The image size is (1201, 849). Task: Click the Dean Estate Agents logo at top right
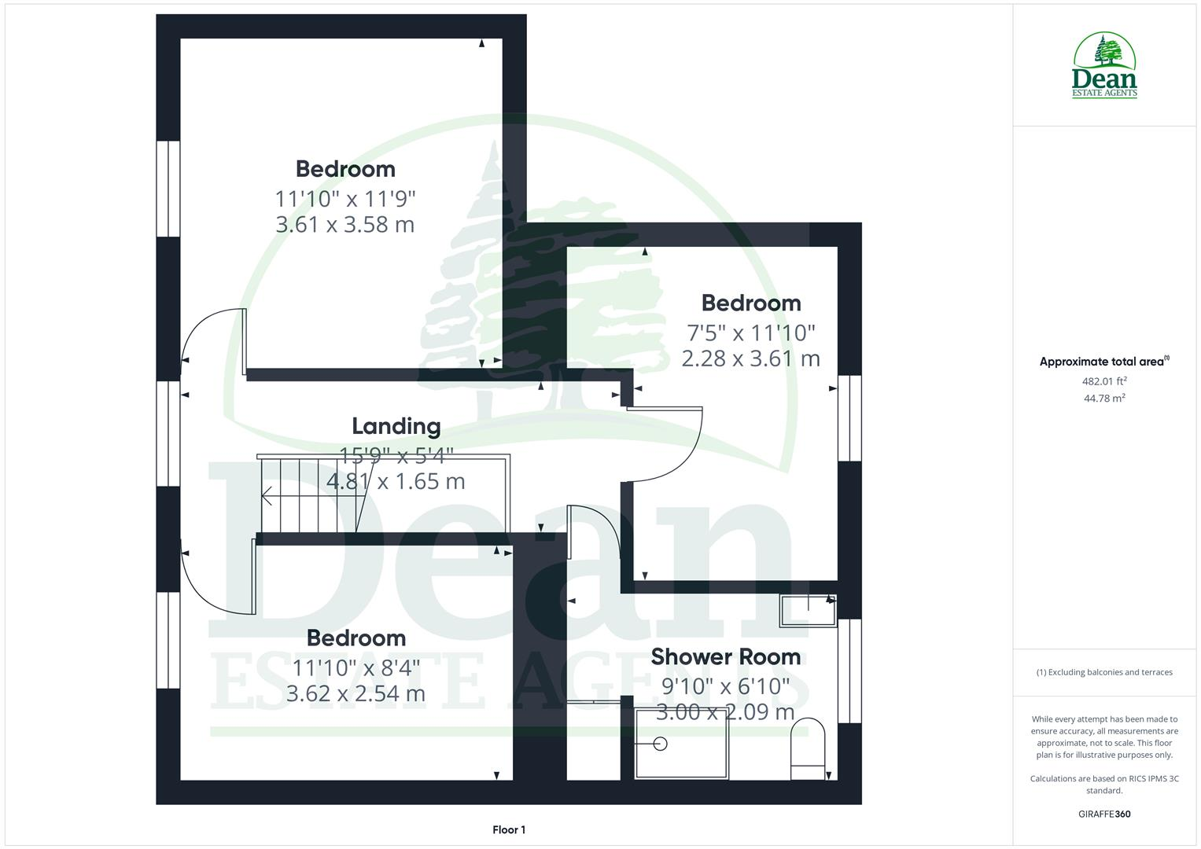[x=1104, y=65]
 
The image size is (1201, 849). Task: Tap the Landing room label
[x=396, y=426]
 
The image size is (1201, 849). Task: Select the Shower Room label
[x=725, y=656]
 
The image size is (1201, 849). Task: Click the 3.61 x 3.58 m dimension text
[x=344, y=225]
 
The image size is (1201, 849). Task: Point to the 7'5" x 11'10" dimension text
[x=751, y=333]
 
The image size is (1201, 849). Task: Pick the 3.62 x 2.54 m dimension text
[x=356, y=693]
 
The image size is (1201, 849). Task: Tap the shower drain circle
[x=660, y=744]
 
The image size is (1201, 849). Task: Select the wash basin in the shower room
[x=808, y=610]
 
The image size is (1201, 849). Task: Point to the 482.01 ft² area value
[x=1104, y=381]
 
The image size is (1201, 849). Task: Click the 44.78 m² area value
[x=1104, y=398]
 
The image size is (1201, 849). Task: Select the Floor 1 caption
[x=509, y=829]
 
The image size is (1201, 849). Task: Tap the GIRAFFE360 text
[x=1104, y=814]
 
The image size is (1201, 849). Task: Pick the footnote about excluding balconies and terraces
[x=1104, y=672]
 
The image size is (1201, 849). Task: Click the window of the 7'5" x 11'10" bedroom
[x=849, y=417]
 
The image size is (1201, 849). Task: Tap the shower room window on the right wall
[x=849, y=671]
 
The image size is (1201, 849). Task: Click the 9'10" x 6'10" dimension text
[x=725, y=685]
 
